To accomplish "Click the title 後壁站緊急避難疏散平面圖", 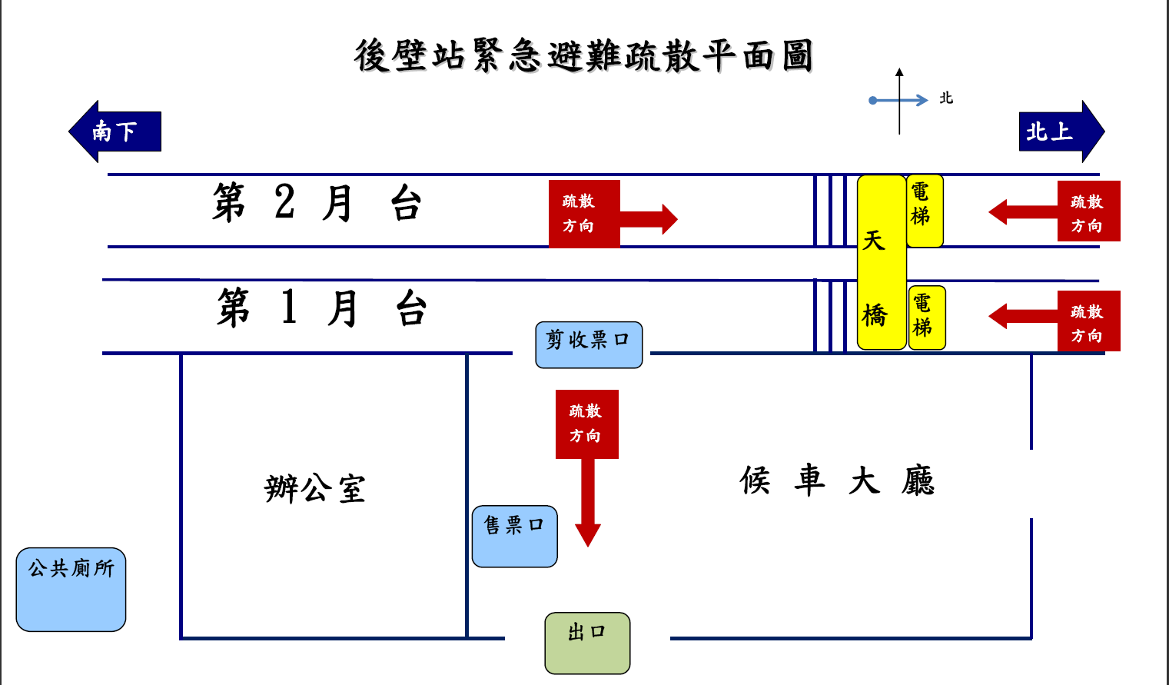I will tap(583, 56).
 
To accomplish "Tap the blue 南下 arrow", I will tap(115, 131).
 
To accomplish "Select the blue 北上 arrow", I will tap(1061, 131).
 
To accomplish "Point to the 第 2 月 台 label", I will tap(317, 204).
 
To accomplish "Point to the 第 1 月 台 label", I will tap(321, 308).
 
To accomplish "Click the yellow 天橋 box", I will tap(881, 262).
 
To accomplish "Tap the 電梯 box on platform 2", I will tap(924, 211).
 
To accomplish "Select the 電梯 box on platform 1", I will tap(926, 318).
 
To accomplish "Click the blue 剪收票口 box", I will tap(589, 344).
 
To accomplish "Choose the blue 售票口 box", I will tap(514, 536).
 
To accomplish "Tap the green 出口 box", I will tap(587, 643).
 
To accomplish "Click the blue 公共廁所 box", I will tap(71, 589).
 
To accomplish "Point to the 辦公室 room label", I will tap(315, 488).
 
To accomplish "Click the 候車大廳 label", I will tap(836, 481).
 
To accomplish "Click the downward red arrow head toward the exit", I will tap(587, 534).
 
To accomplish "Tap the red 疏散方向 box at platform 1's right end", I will tap(1088, 321).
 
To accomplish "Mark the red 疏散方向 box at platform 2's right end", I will tap(1088, 211).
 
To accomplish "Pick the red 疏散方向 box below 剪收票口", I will tap(586, 424).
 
